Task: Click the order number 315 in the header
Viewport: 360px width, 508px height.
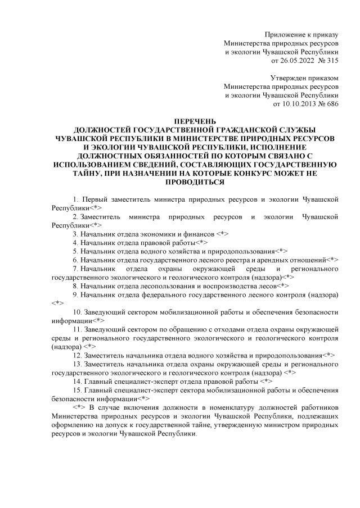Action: (x=332, y=60)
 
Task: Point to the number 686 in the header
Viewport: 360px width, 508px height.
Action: (x=332, y=104)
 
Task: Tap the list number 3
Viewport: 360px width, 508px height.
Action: (x=75, y=232)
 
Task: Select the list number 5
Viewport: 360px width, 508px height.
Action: (x=75, y=250)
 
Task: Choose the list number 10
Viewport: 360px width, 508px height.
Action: (x=78, y=312)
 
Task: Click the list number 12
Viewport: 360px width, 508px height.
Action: (x=78, y=356)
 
